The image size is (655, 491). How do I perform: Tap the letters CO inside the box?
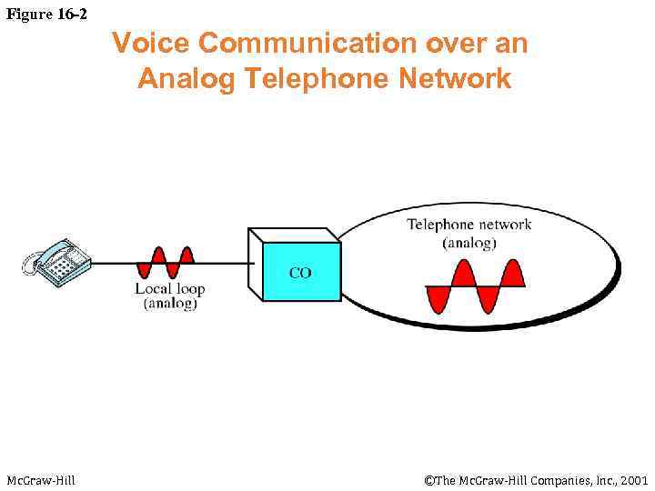coord(300,272)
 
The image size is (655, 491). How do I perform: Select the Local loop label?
coord(170,289)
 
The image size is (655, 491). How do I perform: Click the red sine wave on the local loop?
coord(165,263)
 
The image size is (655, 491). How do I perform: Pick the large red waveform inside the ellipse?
coord(475,286)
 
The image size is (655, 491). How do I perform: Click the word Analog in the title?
coord(186,79)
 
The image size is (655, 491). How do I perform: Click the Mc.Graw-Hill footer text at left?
coord(41,479)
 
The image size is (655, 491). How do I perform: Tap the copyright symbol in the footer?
coord(429,479)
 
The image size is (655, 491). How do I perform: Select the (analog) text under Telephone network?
coord(469,243)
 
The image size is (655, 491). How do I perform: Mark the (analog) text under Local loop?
coord(170,304)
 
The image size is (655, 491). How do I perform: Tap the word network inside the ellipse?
coord(506,225)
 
